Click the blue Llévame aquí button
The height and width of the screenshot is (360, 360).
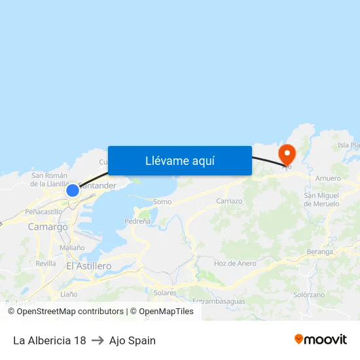(179, 160)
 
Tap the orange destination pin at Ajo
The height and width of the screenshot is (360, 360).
(287, 155)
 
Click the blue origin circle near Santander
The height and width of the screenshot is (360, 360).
(73, 190)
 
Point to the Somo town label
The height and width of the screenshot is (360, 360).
(162, 202)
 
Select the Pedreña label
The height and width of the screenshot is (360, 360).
(137, 221)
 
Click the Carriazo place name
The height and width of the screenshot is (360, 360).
(229, 201)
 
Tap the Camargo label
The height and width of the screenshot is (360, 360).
(48, 226)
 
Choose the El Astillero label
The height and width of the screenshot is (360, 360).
(89, 266)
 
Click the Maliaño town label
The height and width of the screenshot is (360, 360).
(72, 247)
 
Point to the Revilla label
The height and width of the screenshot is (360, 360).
(46, 263)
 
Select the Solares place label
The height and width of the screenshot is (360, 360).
(165, 293)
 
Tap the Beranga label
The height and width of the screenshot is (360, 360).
(320, 251)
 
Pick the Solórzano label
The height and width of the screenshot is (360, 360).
(309, 295)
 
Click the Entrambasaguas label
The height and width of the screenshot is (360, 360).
(219, 301)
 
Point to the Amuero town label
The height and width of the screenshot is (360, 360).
(328, 178)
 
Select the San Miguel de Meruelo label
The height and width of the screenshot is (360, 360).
(321, 200)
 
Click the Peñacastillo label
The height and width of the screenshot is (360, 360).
(43, 212)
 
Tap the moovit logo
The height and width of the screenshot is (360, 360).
(320, 339)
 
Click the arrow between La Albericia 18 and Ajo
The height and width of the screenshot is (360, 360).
(98, 340)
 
